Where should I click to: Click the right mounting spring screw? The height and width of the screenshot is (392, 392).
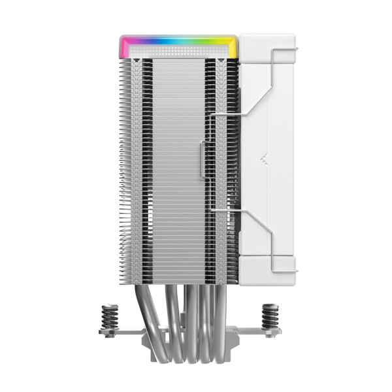click(x=270, y=316)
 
